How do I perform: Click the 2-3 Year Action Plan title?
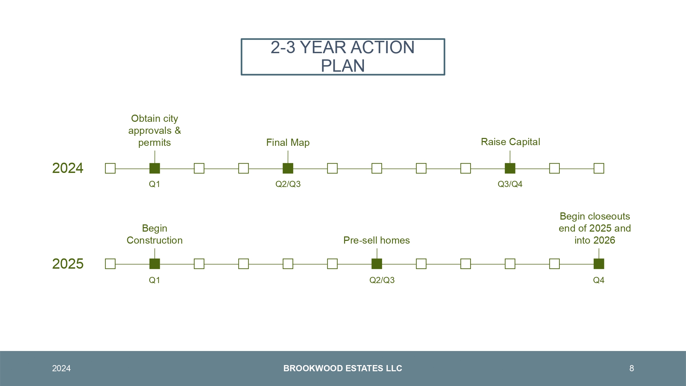pos(343,57)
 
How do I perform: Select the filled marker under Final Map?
pos(288,168)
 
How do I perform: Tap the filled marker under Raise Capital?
pos(510,168)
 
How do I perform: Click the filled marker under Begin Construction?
pos(155,264)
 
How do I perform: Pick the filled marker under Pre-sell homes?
pos(377,264)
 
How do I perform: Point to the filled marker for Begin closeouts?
pos(599,264)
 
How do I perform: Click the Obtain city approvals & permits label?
pos(155,130)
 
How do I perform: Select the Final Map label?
pos(288,142)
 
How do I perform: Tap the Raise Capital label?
pos(510,142)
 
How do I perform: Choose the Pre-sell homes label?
pos(377,240)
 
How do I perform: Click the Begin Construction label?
pos(155,234)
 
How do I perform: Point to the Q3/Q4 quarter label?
pos(510,184)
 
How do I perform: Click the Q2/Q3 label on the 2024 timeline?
pos(288,184)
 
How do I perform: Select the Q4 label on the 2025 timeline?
pos(599,280)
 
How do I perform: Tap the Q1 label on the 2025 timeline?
pos(154,280)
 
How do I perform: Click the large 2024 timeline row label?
pos(68,168)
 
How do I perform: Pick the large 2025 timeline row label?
pos(68,264)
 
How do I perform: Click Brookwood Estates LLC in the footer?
pos(343,369)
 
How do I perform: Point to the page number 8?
pos(631,369)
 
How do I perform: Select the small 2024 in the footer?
pos(61,369)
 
